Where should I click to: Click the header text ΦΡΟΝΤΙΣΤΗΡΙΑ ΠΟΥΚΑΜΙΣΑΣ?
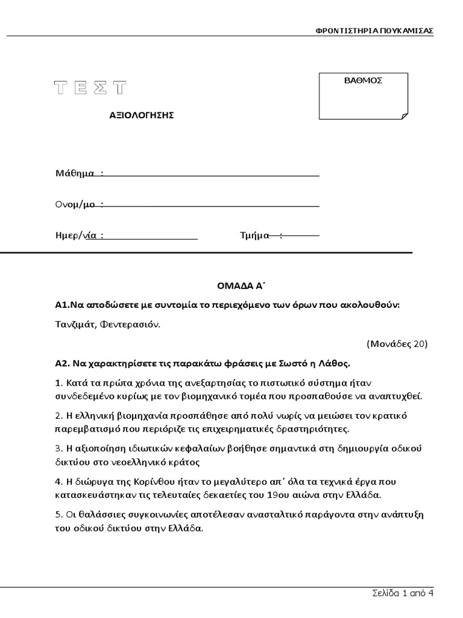click(x=374, y=31)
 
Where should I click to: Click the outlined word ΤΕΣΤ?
click(x=91, y=88)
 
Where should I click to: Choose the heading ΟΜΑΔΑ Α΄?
click(x=233, y=284)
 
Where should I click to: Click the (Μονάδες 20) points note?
click(x=397, y=344)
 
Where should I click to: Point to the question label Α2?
click(x=61, y=364)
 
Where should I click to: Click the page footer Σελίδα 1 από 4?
click(x=403, y=593)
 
